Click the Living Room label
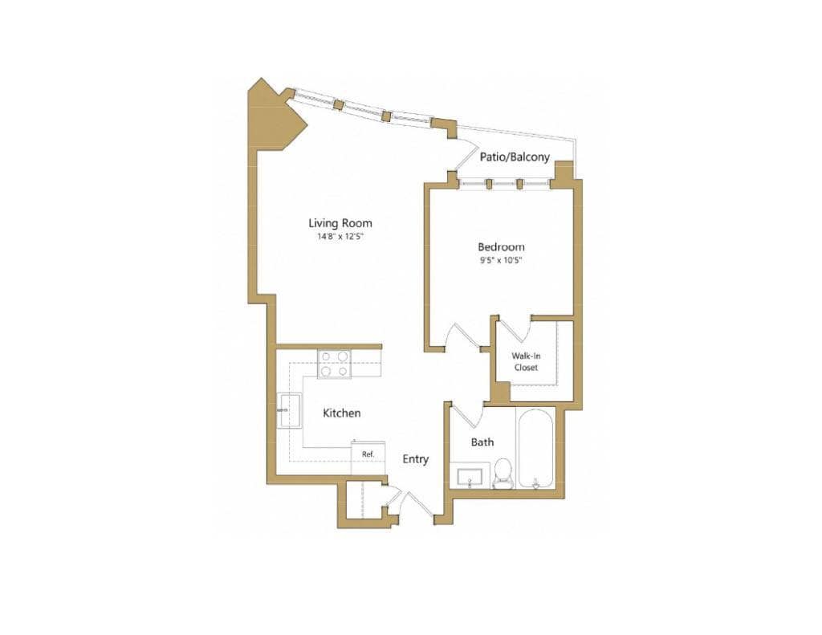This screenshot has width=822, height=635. pos(340,223)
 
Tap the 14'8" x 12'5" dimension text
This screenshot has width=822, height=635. pos(340,237)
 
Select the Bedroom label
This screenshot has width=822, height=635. pos(501,246)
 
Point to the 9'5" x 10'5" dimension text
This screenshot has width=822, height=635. pos(501,260)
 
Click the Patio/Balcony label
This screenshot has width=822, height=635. pos(515,157)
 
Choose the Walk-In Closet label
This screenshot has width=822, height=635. pos(526,361)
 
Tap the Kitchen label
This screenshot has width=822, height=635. pos(341,413)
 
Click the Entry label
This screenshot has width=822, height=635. pos(415,459)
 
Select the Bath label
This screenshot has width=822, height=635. pos(482,442)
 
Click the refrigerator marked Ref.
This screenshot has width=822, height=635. pos(368,455)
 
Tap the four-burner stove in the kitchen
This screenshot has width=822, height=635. pos(334,364)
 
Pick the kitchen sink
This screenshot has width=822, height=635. pos(289,410)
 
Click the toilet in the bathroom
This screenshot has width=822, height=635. pos(503,473)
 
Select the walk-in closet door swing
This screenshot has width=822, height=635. pos(514,329)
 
